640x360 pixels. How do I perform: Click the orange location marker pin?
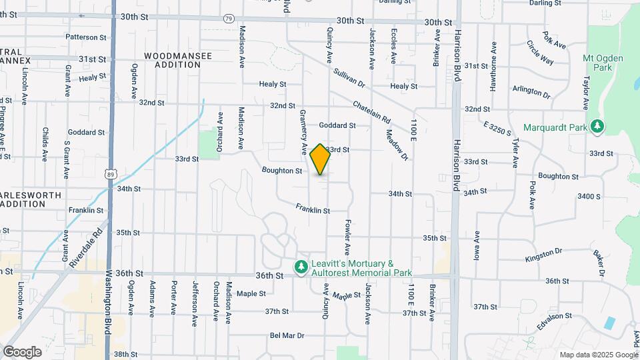point(320,159)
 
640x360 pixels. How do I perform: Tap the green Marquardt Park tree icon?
point(598,126)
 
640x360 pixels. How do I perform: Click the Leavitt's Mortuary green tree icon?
point(301,267)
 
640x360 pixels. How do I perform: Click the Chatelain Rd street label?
point(371,111)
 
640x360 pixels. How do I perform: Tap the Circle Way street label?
point(540,53)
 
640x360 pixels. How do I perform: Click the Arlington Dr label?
point(531,91)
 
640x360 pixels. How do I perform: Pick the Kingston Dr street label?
point(544,255)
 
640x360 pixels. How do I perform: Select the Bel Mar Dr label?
point(287,335)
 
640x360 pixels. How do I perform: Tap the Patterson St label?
point(87,37)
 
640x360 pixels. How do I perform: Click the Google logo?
point(22,351)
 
